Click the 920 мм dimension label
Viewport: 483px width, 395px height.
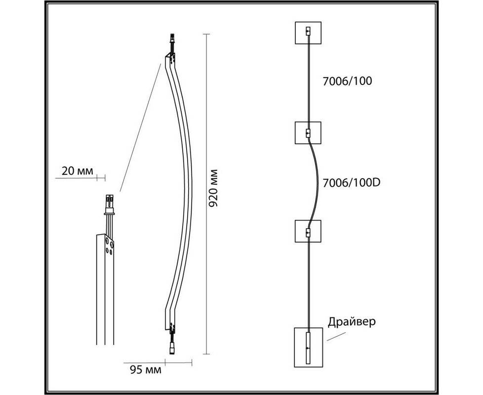(213, 188)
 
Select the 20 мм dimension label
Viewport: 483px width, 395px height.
(77, 171)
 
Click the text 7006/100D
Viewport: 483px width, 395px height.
(352, 183)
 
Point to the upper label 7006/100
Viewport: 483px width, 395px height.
(347, 81)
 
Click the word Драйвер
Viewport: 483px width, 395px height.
(352, 322)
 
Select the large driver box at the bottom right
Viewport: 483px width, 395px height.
(308, 347)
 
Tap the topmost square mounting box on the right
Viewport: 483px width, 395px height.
(308, 33)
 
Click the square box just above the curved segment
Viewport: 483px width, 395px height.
(308, 133)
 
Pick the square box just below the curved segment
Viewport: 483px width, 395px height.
(308, 231)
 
